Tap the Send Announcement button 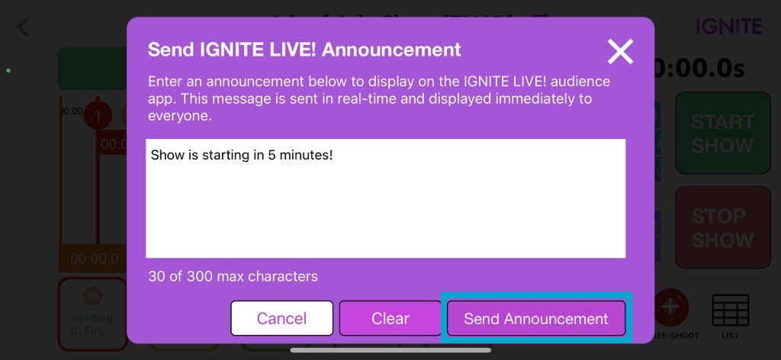tap(535, 318)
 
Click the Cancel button tap(281, 318)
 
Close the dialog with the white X tap(620, 51)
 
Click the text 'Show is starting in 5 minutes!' tap(242, 156)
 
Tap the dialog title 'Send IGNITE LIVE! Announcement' tap(304, 50)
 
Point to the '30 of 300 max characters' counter tap(233, 276)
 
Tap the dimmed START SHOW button tap(722, 133)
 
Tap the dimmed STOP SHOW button tap(722, 227)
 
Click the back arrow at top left tap(23, 27)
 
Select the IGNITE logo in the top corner tap(728, 27)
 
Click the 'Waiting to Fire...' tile tap(92, 313)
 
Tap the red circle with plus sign tap(670, 307)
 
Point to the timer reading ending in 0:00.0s tap(699, 69)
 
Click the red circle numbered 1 tap(97, 116)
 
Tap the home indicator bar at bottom tap(390, 351)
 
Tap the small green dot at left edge tap(8, 71)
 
